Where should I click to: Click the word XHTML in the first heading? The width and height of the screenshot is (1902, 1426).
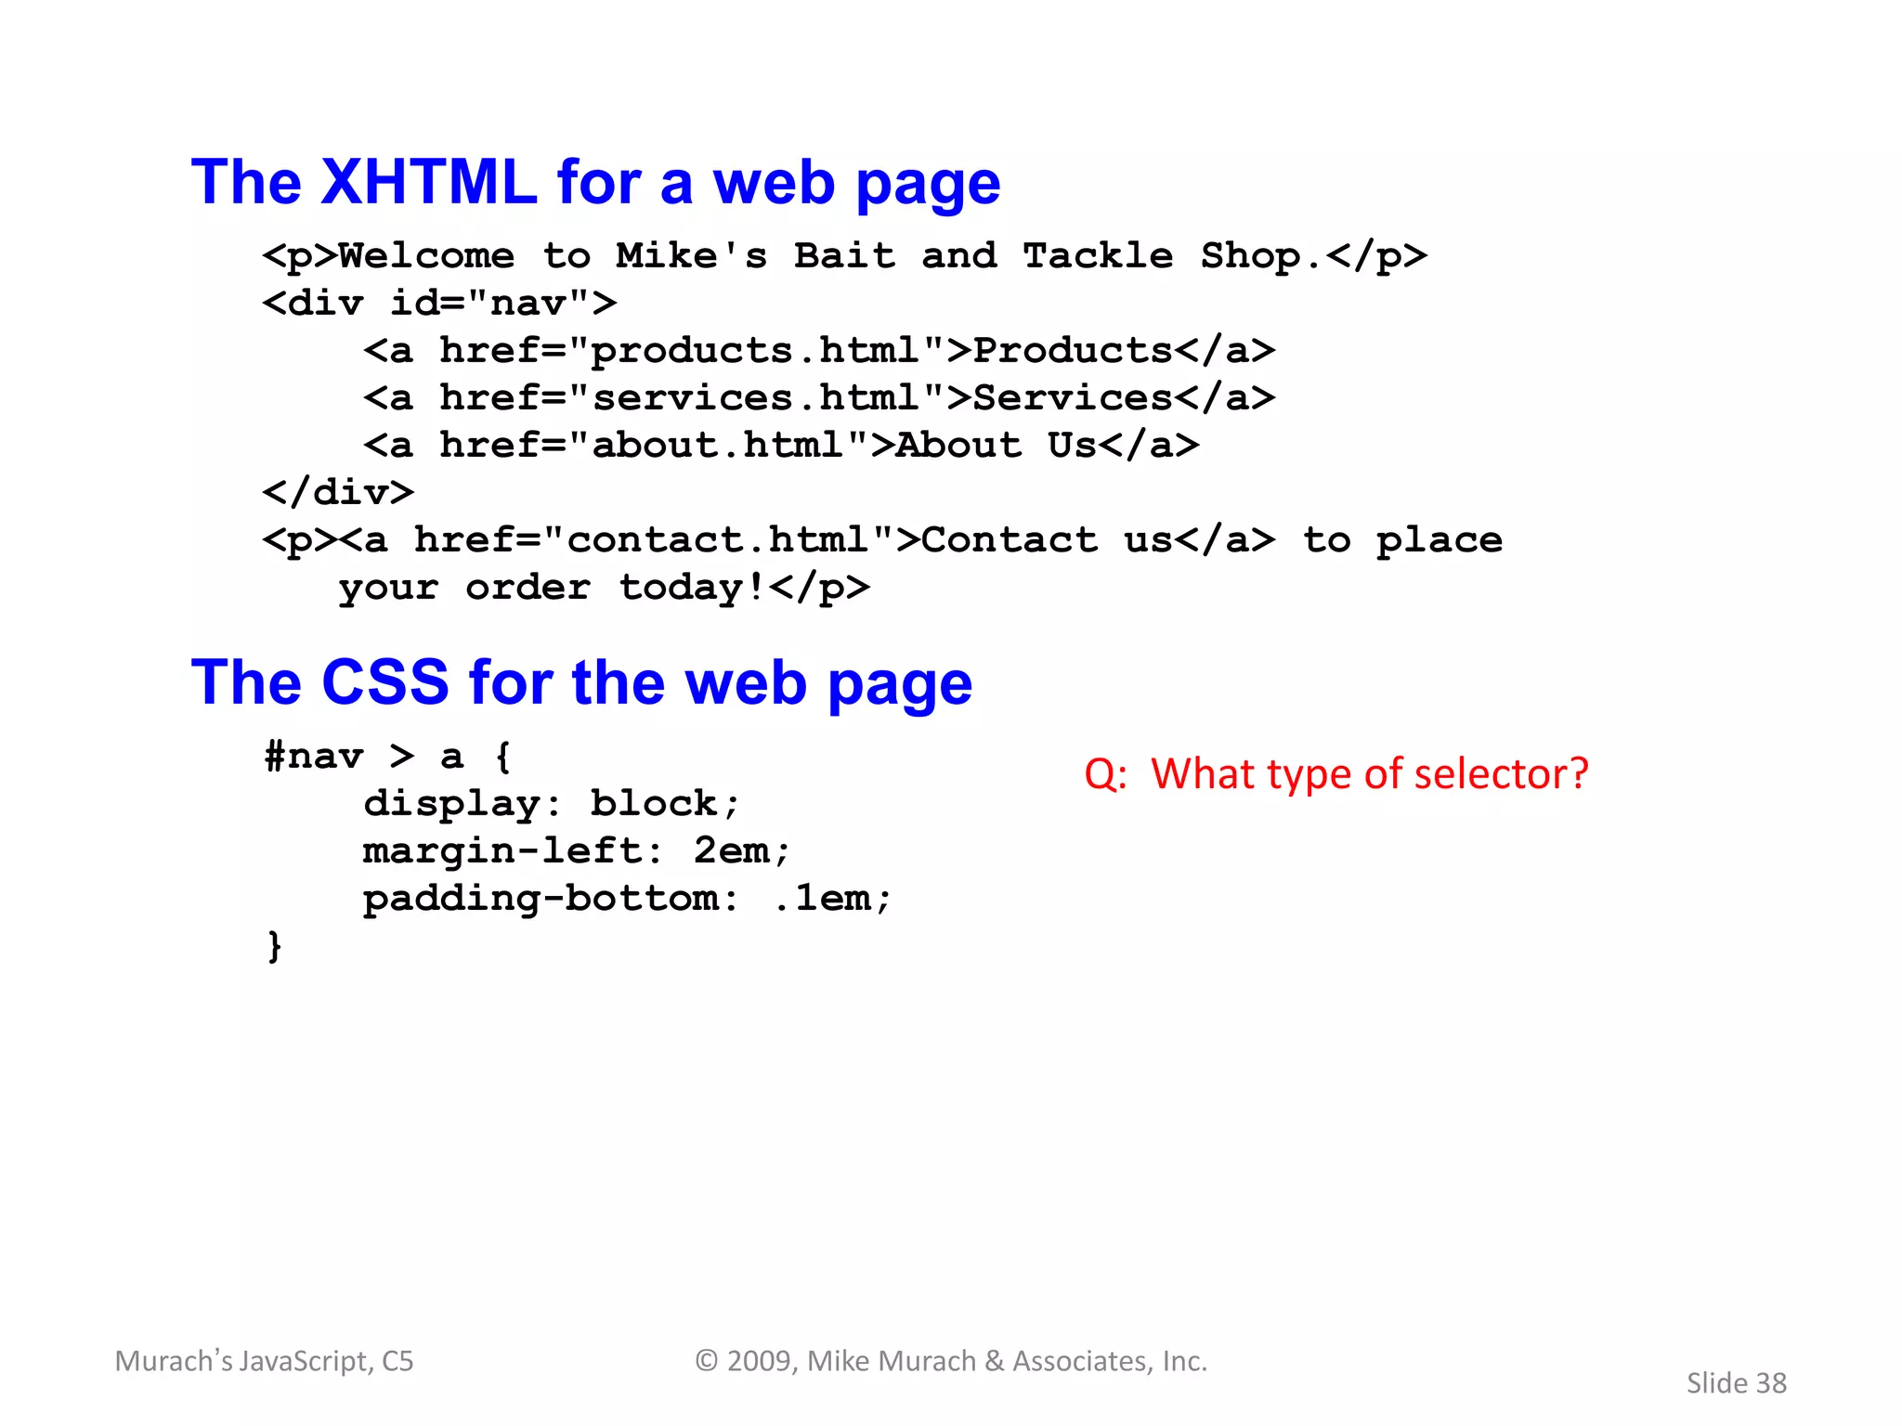428,182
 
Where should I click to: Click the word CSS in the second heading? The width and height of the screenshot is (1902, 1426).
384,683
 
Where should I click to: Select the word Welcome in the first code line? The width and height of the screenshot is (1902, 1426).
426,255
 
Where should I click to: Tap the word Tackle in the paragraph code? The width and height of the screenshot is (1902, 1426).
1098,255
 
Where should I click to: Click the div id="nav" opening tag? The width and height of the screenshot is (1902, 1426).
439,304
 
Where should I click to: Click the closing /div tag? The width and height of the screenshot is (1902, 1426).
338,493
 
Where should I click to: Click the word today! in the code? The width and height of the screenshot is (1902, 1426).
692,589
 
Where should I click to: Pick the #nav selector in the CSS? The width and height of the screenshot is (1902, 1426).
313,757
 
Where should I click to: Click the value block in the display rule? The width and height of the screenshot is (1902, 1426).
654,804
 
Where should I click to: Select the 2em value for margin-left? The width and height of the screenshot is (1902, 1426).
732,851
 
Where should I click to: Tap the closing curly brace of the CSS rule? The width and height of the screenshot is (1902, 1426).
274,946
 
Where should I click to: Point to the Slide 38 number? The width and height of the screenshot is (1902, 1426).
1736,1383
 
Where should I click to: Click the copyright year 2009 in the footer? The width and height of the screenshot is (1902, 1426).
762,1361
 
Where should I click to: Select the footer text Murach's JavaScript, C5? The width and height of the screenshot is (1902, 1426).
265,1361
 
